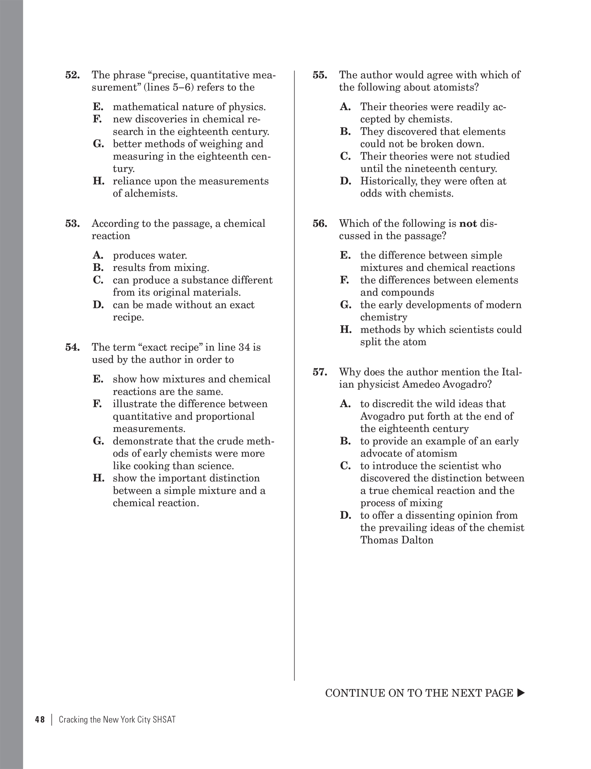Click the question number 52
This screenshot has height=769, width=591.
pos(72,75)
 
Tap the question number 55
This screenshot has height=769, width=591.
pos(320,75)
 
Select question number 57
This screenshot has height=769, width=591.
pos(320,372)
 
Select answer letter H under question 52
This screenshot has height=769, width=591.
pos(98,181)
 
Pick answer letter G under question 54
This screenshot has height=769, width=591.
pos(98,441)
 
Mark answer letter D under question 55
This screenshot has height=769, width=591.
pos(345,181)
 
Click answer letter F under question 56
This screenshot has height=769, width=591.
pos(345,280)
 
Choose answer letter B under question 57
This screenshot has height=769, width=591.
pos(345,441)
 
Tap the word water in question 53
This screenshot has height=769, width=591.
pos(171,255)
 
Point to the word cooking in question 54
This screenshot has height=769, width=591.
pos(150,466)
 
